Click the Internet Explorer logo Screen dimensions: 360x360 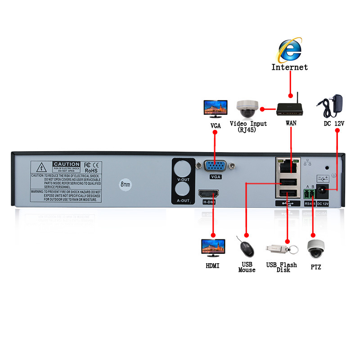[x=290, y=50]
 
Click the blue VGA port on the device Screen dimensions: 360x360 [x=216, y=166]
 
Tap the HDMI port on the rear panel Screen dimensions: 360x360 [x=208, y=195]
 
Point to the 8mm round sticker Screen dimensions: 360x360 [x=125, y=184]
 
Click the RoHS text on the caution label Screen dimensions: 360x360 [x=91, y=171]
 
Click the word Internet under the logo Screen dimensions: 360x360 [x=290, y=67]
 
